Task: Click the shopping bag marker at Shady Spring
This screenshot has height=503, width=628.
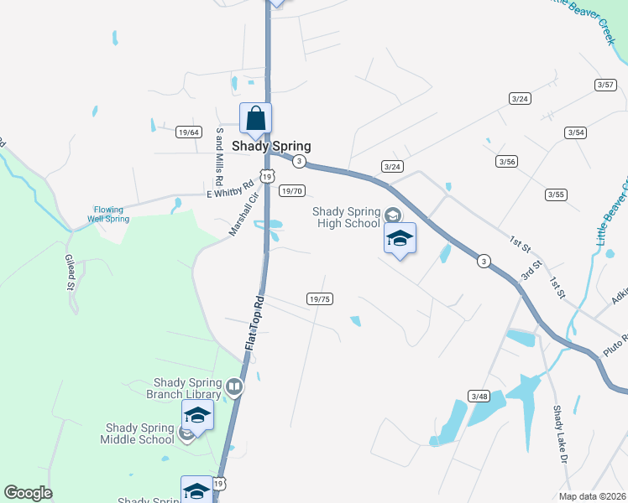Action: click(x=256, y=118)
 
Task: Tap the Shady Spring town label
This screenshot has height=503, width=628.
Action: click(x=271, y=146)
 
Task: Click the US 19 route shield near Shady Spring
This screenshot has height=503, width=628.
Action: click(x=267, y=177)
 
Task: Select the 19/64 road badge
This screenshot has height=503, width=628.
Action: click(x=189, y=132)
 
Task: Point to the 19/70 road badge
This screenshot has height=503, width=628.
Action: click(x=291, y=191)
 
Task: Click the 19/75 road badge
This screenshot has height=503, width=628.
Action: click(x=320, y=298)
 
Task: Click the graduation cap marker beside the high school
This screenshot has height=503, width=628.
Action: click(x=400, y=238)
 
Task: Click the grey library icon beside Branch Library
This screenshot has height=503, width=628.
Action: click(x=234, y=387)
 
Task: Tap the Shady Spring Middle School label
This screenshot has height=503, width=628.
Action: click(x=138, y=433)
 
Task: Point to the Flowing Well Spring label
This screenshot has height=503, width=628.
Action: click(x=108, y=214)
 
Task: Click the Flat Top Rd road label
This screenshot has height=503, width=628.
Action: click(x=254, y=323)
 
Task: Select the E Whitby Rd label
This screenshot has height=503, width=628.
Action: click(x=230, y=191)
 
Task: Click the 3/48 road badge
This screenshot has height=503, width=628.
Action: click(x=479, y=396)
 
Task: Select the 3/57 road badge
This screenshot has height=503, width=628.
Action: click(x=604, y=85)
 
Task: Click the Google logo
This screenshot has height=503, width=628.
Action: click(x=28, y=493)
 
